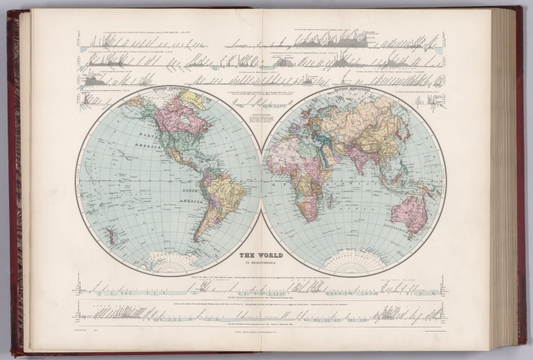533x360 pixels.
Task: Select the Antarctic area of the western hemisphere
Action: [174, 264]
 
